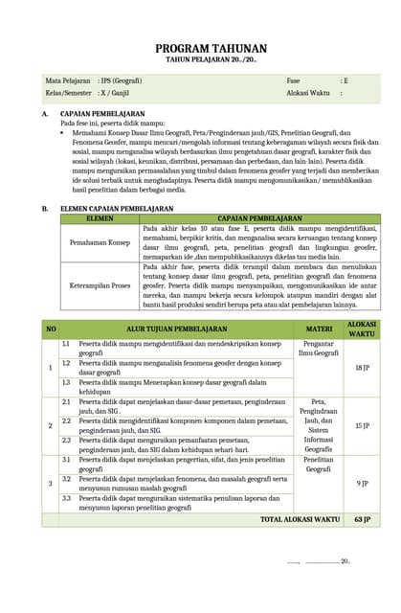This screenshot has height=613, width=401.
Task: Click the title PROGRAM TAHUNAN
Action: coord(198,46)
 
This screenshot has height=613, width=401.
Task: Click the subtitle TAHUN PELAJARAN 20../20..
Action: coord(198,58)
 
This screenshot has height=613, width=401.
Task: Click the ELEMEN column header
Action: coord(100,218)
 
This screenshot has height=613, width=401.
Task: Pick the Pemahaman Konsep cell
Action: coord(100,243)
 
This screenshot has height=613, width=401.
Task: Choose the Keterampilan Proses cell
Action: coord(100,284)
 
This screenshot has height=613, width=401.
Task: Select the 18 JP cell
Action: coord(362,368)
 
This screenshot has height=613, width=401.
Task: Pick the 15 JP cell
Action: coord(362,425)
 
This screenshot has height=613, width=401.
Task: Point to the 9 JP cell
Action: coord(362,483)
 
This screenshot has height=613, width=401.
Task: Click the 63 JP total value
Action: coord(362,519)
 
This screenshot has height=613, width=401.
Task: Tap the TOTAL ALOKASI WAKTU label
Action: coord(300,519)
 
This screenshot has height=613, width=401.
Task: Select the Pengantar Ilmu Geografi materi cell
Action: coord(318,348)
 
